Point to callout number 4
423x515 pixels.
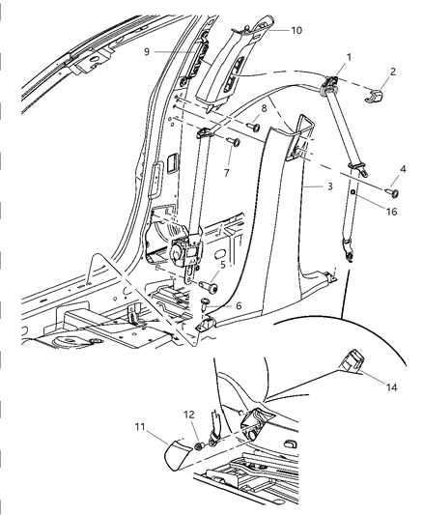tap(405, 172)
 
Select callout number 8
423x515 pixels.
tap(262, 109)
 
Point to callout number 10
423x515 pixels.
tap(296, 30)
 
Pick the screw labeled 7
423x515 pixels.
tap(234, 141)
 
